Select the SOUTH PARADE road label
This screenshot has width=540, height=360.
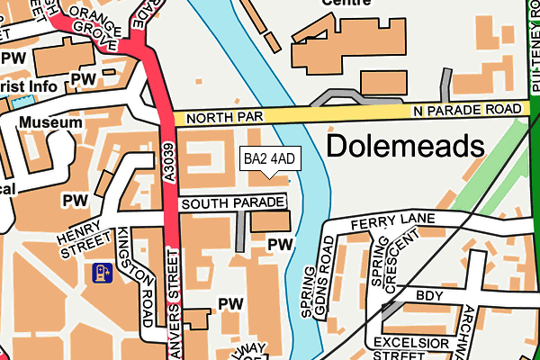226,204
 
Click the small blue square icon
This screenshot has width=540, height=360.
99,272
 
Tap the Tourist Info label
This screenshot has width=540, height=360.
29,86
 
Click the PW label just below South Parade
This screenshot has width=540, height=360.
280,244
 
